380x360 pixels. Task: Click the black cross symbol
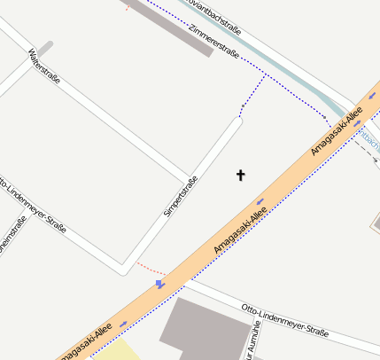[240, 175]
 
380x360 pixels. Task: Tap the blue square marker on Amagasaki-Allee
[159, 284]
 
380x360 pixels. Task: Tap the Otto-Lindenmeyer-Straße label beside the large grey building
[284, 320]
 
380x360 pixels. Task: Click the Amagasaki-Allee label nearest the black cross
[240, 231]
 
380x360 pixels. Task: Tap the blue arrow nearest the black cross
[260, 201]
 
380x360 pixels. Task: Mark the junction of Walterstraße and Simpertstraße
[187, 175]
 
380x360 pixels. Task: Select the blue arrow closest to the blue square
[123, 323]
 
